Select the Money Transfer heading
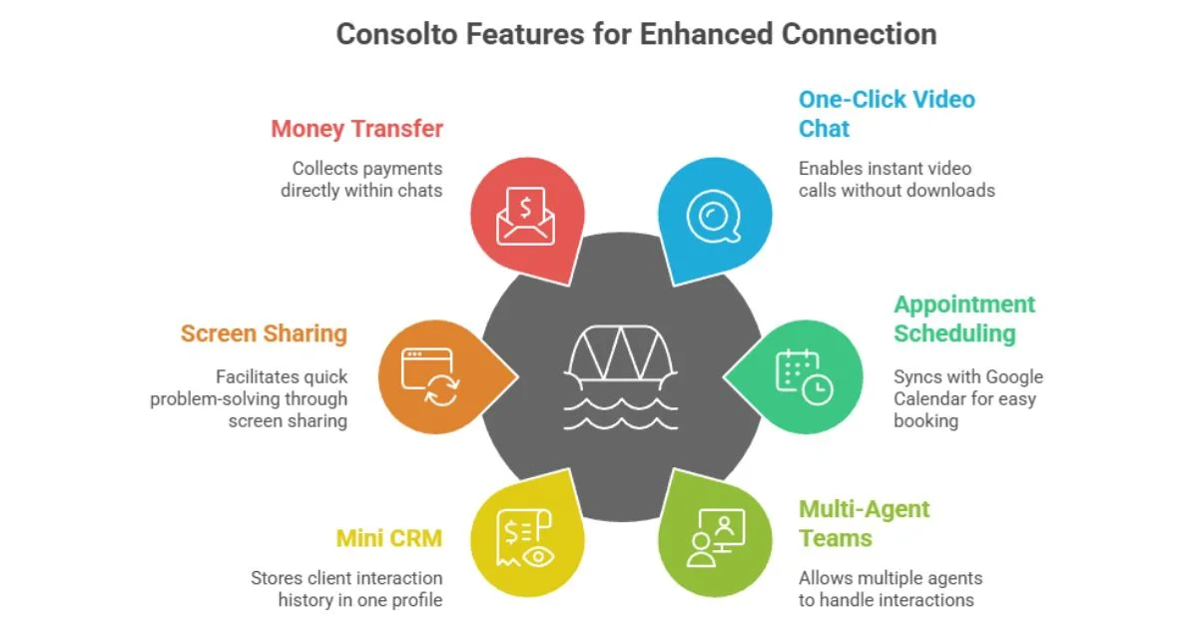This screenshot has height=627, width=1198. (x=356, y=129)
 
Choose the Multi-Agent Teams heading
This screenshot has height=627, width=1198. (x=864, y=523)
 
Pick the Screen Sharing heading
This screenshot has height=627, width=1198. (x=264, y=333)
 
